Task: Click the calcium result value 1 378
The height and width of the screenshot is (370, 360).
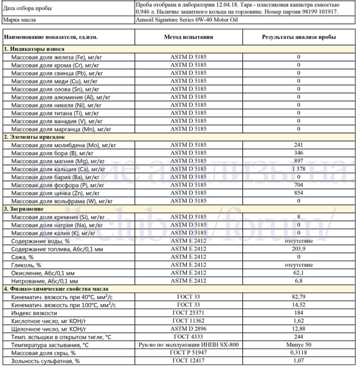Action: coord(299,169)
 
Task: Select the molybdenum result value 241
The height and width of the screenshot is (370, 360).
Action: coord(299,145)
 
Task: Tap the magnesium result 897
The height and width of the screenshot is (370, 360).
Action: coord(299,161)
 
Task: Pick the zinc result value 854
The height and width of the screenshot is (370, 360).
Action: coord(299,193)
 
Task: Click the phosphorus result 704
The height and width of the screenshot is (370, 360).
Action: coord(299,185)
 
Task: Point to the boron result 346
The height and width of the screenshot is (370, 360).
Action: coord(299,153)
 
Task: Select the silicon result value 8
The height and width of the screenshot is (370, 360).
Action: coord(299,217)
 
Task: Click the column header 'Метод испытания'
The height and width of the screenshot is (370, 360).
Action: coord(188,37)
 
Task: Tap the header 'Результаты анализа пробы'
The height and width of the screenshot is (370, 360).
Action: coord(299,37)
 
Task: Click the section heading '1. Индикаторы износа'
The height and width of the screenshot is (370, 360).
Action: coord(34,49)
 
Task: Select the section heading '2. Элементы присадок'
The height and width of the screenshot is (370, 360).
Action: coord(34,137)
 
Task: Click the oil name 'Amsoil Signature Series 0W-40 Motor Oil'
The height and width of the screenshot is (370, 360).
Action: coord(187,20)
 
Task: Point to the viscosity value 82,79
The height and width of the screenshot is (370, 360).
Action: coord(299,297)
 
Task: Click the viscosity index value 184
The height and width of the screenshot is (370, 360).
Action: coord(299,313)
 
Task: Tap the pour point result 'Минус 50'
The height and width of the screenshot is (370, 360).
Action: coord(299,345)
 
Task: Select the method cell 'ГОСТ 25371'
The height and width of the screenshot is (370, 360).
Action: coord(188,313)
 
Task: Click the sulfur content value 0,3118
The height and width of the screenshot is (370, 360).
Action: coord(299,353)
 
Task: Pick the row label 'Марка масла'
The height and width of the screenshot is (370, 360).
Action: coord(19,20)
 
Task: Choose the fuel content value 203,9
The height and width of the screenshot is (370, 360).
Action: coord(299,249)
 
